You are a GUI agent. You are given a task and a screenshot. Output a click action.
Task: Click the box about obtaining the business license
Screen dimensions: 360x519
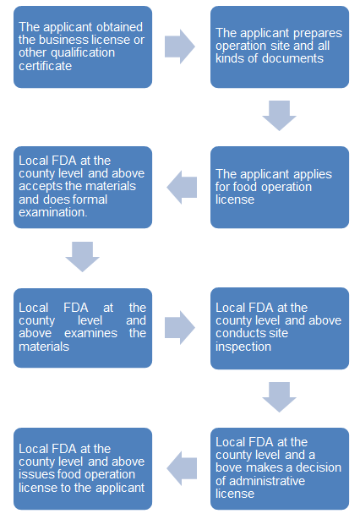point(83,47)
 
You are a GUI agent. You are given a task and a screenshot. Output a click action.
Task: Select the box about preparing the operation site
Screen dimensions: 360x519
point(280,47)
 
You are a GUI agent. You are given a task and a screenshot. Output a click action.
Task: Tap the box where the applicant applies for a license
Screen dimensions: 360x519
point(280,188)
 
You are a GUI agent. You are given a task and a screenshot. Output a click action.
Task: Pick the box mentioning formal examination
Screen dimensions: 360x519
point(83,188)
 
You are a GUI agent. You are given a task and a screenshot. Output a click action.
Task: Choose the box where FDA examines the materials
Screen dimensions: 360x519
point(83,328)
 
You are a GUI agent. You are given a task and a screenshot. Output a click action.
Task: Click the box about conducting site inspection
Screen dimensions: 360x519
point(280,328)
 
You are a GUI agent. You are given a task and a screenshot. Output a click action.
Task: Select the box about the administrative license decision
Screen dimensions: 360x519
point(280,468)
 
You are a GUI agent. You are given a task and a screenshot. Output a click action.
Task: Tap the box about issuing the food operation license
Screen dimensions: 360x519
point(83,468)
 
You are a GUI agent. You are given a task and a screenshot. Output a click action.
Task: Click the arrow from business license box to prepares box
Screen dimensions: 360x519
point(180,46)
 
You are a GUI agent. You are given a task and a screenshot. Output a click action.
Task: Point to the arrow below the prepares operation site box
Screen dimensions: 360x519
point(279,116)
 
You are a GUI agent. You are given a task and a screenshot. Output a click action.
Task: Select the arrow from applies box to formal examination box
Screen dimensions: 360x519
point(182,187)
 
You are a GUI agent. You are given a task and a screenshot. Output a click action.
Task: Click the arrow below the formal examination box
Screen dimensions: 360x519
point(82,257)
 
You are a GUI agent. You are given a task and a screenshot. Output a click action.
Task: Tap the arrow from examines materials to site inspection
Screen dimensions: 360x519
point(180,328)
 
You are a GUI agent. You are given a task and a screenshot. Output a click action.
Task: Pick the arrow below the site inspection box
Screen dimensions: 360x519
point(279,397)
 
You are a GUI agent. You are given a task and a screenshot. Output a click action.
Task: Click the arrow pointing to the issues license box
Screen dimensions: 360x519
point(182,468)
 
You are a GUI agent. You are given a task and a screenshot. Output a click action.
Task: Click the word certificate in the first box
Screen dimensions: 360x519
point(46,66)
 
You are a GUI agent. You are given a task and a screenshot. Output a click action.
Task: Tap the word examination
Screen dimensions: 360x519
point(53,212)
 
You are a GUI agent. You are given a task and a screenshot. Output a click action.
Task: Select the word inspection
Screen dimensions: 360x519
point(243,347)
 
